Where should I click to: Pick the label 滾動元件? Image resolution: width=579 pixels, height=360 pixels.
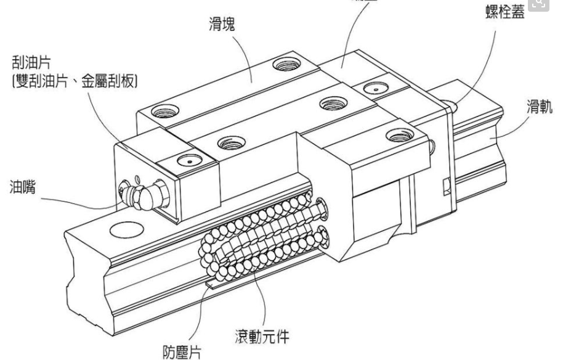click(261, 337)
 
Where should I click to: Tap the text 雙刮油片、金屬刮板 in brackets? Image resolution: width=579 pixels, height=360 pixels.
click(74, 81)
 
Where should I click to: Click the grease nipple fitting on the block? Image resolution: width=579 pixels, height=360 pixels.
click(140, 195)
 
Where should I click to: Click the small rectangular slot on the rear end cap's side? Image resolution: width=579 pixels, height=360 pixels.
click(446, 185)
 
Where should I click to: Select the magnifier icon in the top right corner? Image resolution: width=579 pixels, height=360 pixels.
click(538, 4)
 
